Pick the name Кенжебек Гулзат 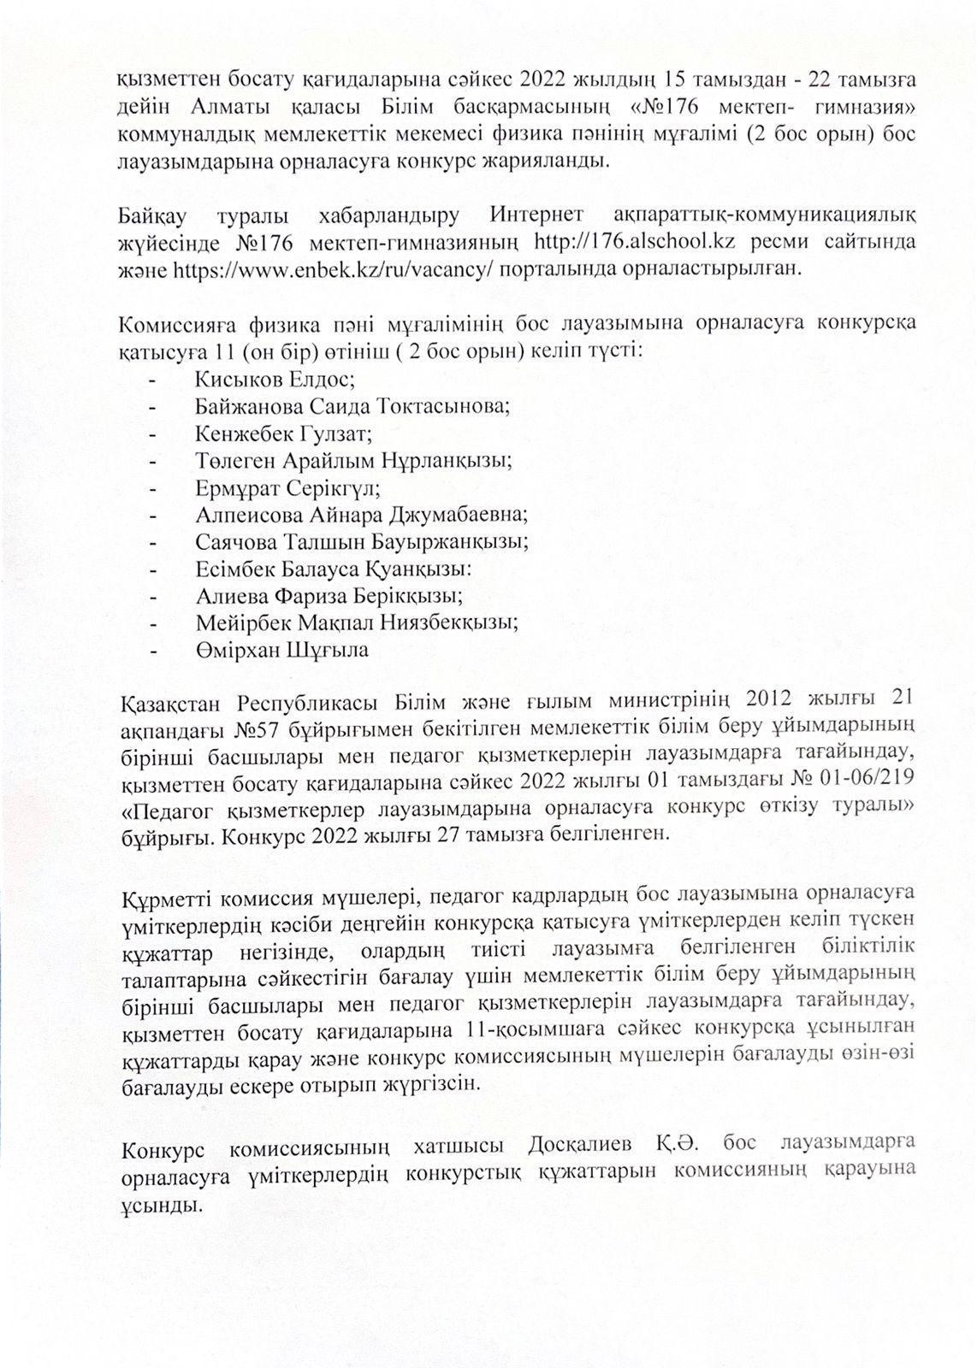[x=283, y=433]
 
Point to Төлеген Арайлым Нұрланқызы [x=353, y=460]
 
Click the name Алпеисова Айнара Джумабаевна [x=361, y=515]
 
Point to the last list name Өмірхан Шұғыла [x=281, y=649]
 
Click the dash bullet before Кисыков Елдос [x=152, y=378]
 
